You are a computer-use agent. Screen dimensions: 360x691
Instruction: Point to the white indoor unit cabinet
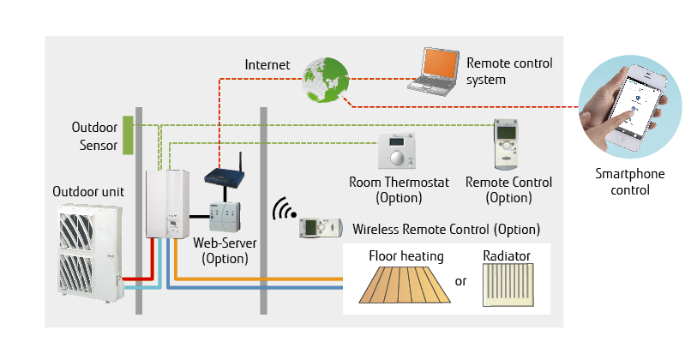(x=166, y=202)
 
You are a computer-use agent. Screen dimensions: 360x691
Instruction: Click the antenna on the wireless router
(x=239, y=163)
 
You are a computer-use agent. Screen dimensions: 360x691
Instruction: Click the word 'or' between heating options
(x=460, y=281)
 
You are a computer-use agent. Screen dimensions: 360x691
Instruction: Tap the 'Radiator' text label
(x=507, y=255)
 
